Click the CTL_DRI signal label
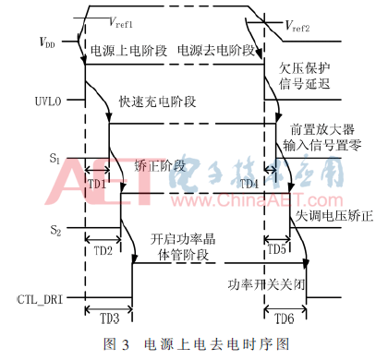(x=39, y=298)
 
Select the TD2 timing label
(x=103, y=249)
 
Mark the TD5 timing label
(x=277, y=249)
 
